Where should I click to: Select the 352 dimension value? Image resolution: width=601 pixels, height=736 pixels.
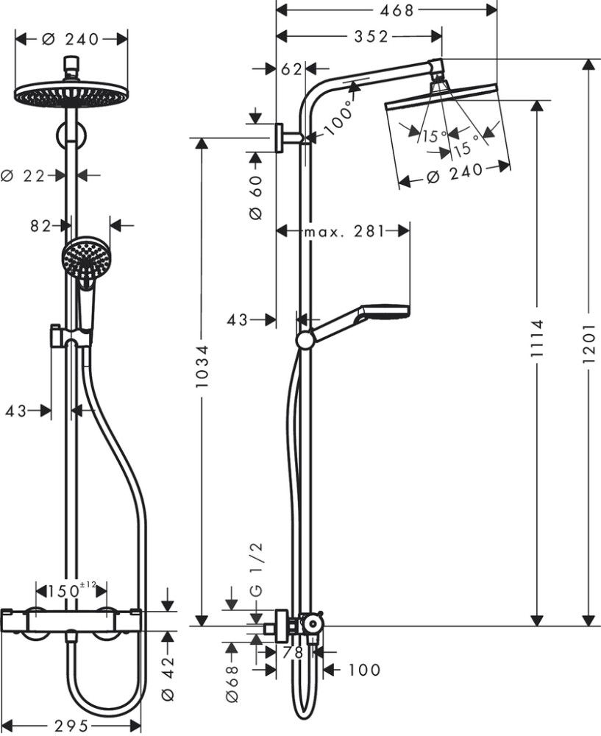(x=370, y=37)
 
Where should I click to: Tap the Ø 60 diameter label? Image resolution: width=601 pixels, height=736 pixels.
(x=256, y=199)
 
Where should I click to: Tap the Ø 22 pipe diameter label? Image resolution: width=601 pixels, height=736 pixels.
(x=24, y=175)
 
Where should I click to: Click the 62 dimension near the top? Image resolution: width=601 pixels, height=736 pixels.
(x=291, y=70)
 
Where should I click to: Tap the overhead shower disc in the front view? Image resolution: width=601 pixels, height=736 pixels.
(x=71, y=95)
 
